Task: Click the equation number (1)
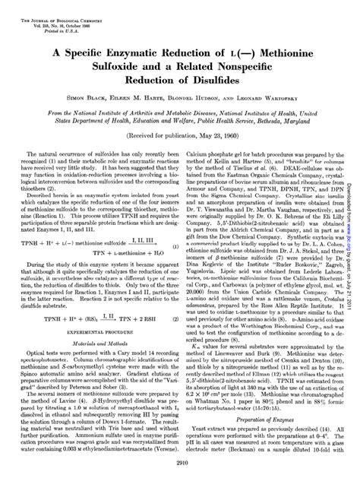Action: tap(175, 247)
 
